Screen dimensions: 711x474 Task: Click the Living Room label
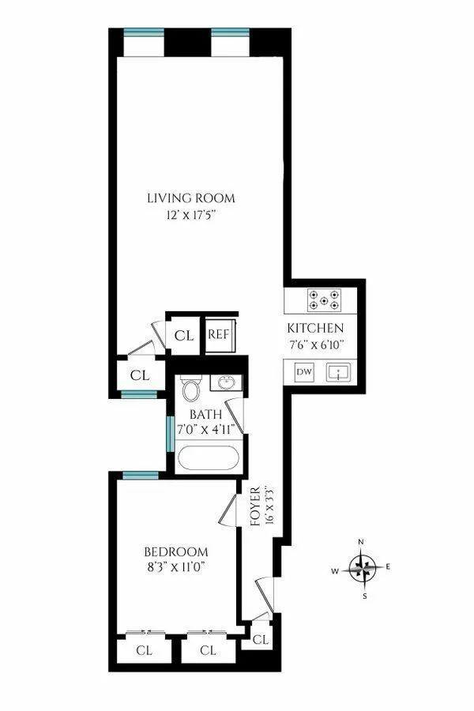[191, 198]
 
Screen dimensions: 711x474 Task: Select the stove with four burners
[325, 301]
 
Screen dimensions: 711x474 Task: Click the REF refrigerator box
[218, 334]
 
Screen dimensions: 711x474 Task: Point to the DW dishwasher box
[304, 371]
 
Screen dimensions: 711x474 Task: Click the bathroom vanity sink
[227, 384]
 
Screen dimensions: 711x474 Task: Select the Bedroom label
[175, 552]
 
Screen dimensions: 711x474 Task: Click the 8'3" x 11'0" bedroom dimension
[175, 567]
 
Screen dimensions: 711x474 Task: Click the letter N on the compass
[362, 542]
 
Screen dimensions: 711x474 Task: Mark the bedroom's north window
[141, 475]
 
